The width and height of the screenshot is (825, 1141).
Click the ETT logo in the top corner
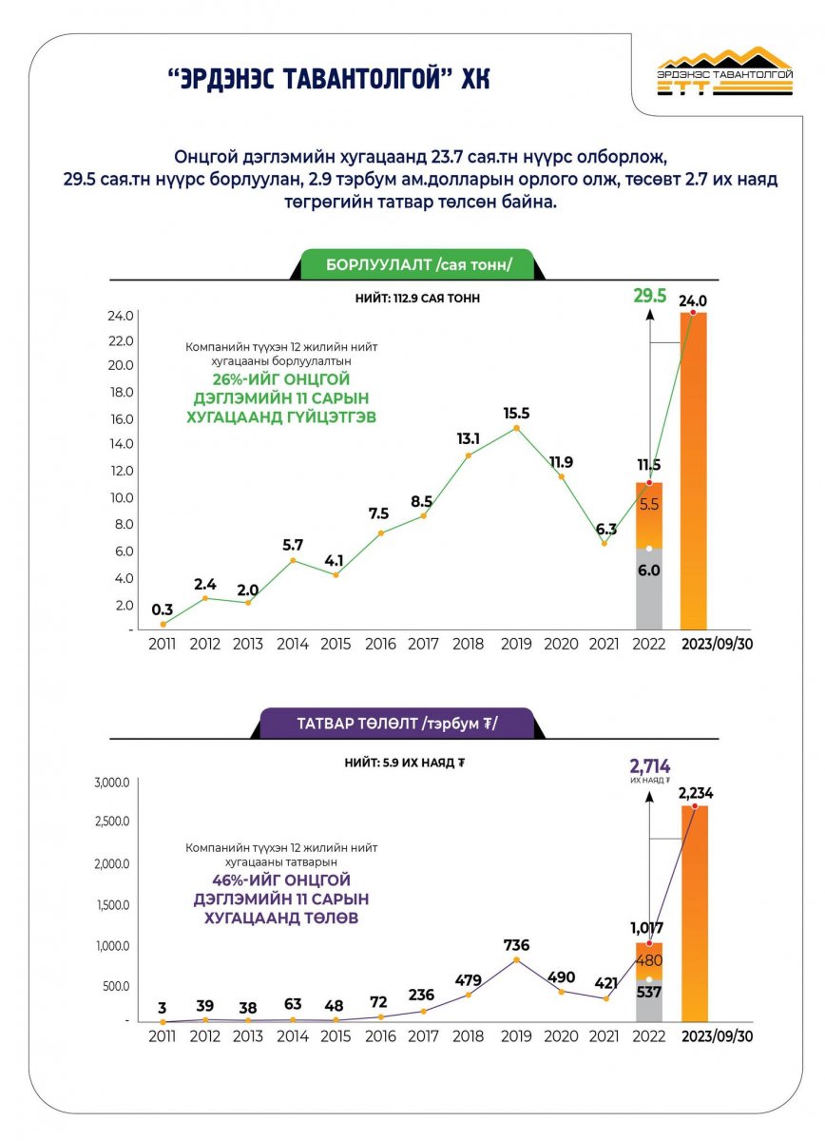724,71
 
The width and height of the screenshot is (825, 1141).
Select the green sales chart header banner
417,264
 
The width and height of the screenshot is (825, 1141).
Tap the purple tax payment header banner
398,724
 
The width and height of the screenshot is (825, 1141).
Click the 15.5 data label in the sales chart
517,413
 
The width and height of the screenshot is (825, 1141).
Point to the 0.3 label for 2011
163,609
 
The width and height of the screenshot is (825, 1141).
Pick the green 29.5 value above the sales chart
650,298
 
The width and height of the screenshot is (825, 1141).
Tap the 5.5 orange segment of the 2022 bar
649,505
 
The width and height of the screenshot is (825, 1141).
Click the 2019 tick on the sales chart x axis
517,644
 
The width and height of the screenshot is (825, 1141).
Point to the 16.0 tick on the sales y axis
124,418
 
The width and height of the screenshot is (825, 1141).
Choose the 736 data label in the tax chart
517,944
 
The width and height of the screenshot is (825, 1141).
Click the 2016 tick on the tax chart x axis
379,1035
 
